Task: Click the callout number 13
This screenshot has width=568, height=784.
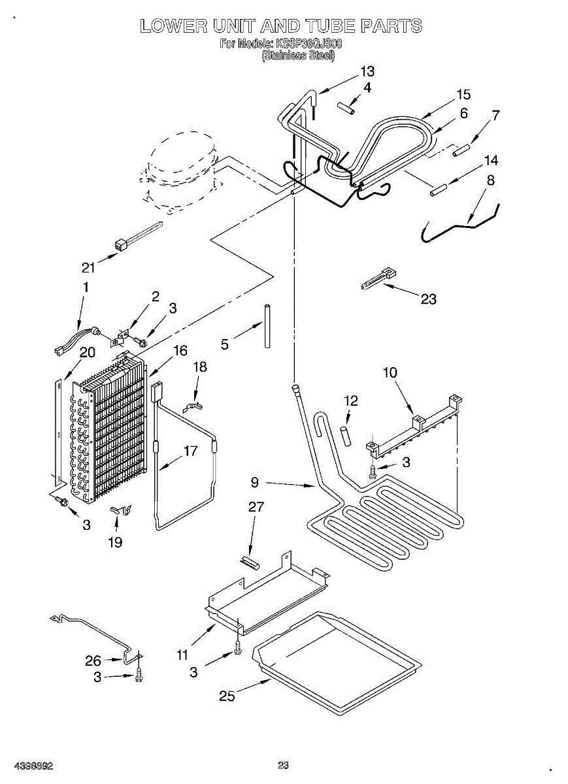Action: [x=367, y=71]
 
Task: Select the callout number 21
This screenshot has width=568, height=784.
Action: [x=88, y=267]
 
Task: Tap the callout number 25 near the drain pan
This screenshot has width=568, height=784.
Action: [x=227, y=696]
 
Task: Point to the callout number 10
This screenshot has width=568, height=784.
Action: [x=390, y=372]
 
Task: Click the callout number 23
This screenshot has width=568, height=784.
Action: [x=429, y=299]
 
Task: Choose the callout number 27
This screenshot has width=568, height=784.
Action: [x=256, y=506]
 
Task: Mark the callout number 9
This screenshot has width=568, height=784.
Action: [x=255, y=483]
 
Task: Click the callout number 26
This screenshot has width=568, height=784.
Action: [x=93, y=661]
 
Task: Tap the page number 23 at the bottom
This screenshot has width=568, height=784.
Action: [x=283, y=765]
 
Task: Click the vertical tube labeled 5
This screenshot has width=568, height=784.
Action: [x=267, y=326]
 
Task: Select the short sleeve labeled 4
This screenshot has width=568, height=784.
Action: [x=346, y=107]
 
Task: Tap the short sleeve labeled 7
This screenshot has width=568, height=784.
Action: [x=463, y=150]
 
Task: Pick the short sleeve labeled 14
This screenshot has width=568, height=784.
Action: [x=437, y=191]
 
